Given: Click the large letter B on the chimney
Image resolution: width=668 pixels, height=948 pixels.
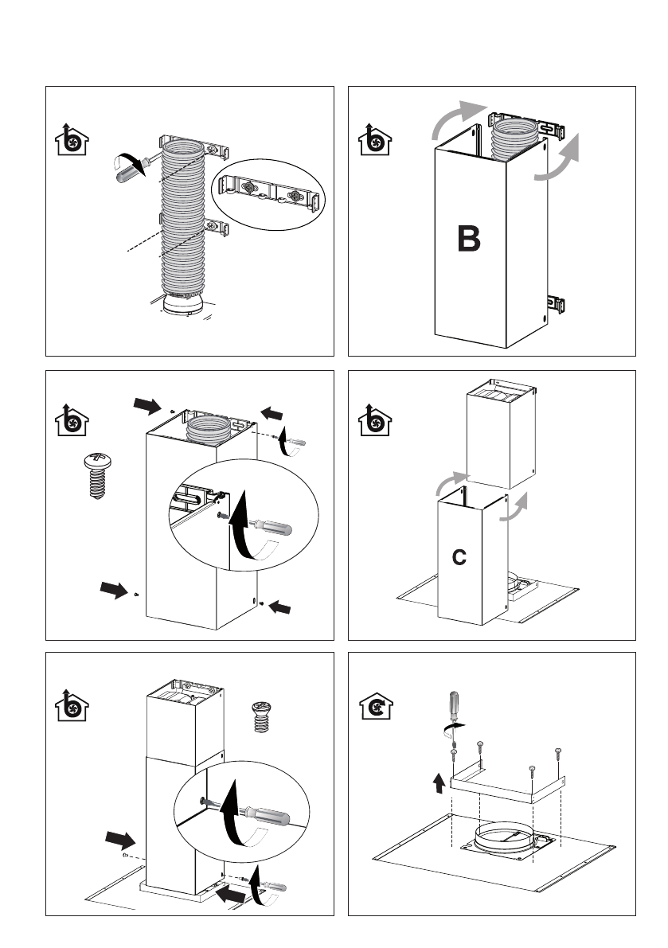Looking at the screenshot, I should pyautogui.click(x=468, y=239).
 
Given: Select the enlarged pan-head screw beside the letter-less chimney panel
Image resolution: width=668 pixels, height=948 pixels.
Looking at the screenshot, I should pyautogui.click(x=96, y=474).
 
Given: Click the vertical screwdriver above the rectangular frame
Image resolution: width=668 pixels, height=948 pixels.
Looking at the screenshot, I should pyautogui.click(x=454, y=713).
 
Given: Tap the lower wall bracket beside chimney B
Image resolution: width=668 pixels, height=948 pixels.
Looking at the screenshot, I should pyautogui.click(x=555, y=303).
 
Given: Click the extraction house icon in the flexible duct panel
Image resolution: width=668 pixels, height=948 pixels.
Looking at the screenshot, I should pyautogui.click(x=72, y=140).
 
